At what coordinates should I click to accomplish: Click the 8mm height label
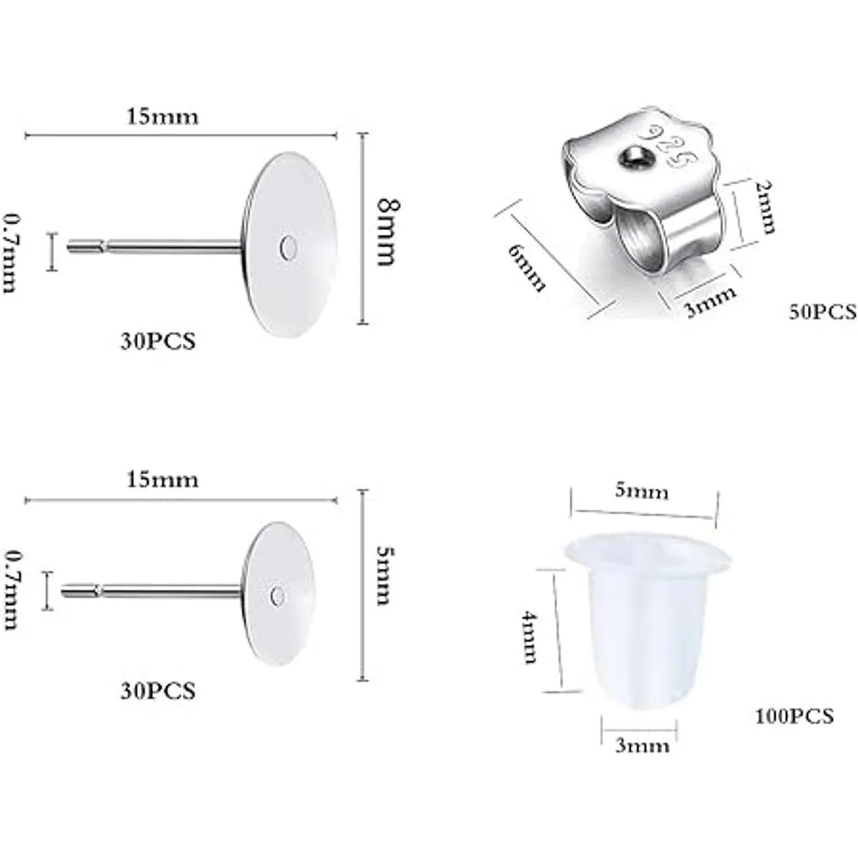388,232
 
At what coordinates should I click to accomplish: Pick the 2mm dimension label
764,207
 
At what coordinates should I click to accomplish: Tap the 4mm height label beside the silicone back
529,638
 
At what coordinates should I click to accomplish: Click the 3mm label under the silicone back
642,745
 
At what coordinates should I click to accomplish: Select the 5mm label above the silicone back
642,491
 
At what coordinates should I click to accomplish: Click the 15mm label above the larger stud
162,117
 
